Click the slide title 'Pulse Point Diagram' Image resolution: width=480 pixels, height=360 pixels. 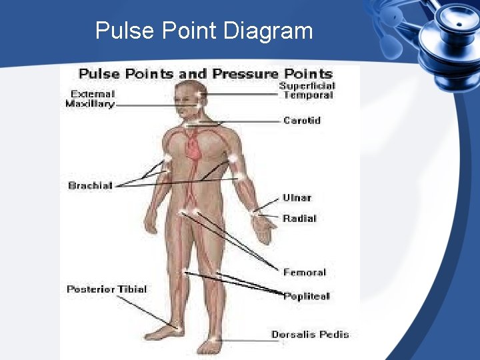pyautogui.click(x=203, y=31)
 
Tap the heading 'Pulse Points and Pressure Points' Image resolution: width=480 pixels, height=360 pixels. pyautogui.click(x=205, y=73)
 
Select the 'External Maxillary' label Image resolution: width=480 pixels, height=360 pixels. pyautogui.click(x=90, y=99)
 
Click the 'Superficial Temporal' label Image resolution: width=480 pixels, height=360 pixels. pyautogui.click(x=307, y=91)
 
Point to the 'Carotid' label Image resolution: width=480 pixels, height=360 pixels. pyautogui.click(x=302, y=121)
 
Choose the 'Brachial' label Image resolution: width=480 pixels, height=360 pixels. pyautogui.click(x=90, y=185)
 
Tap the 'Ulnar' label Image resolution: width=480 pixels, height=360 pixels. pyautogui.click(x=297, y=198)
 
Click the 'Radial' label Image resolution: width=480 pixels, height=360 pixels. pyautogui.click(x=299, y=219)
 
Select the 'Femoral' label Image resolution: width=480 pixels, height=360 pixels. pyautogui.click(x=304, y=272)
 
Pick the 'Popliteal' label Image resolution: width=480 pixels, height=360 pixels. pyautogui.click(x=306, y=296)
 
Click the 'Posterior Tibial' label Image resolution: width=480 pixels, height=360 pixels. pyautogui.click(x=107, y=289)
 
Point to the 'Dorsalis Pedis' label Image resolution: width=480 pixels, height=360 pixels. pyautogui.click(x=310, y=335)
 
